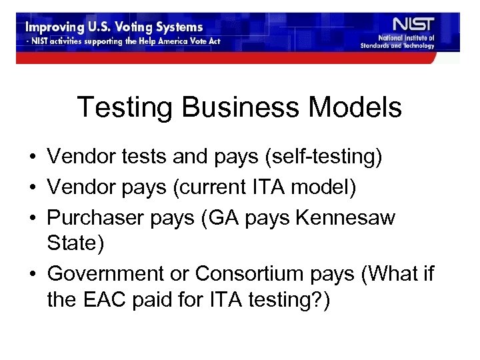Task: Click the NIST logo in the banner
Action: pos(414,25)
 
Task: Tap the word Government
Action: pos(106,273)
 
